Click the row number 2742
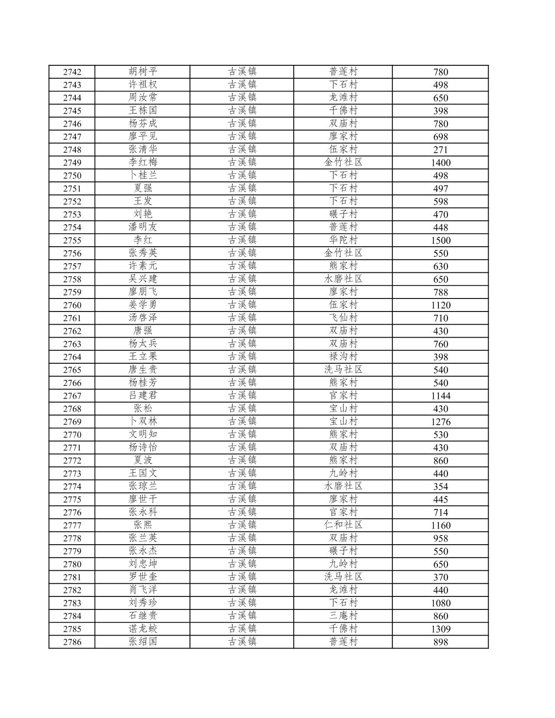pyautogui.click(x=72, y=72)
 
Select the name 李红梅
pyautogui.click(x=143, y=162)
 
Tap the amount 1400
pyautogui.click(x=440, y=163)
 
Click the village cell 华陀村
pyautogui.click(x=343, y=240)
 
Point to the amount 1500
pyautogui.click(x=440, y=241)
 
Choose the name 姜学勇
pyautogui.click(x=143, y=305)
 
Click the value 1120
pyautogui.click(x=440, y=305)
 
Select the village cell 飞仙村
pyautogui.click(x=343, y=318)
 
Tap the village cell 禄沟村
pyautogui.click(x=343, y=357)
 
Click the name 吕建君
pyautogui.click(x=143, y=395)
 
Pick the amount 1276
pyautogui.click(x=440, y=422)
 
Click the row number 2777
pyautogui.click(x=72, y=526)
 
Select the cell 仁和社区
pyautogui.click(x=343, y=525)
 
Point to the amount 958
pyautogui.click(x=440, y=539)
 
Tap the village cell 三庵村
pyautogui.click(x=343, y=616)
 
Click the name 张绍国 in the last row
pyautogui.click(x=143, y=642)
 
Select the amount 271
pyautogui.click(x=440, y=150)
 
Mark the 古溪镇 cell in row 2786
pyautogui.click(x=242, y=642)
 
